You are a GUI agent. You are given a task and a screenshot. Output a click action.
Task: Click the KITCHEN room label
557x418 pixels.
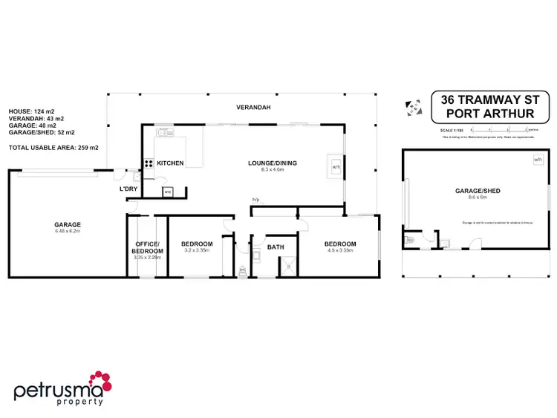pyautogui.click(x=170, y=163)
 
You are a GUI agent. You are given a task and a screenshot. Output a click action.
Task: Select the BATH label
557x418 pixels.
pyautogui.click(x=276, y=246)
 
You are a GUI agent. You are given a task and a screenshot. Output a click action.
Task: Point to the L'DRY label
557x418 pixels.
pyautogui.click(x=128, y=189)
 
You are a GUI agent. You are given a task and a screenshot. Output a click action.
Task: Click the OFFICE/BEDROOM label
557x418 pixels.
pyautogui.click(x=147, y=247)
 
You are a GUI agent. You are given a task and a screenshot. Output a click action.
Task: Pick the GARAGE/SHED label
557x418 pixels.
pyautogui.click(x=478, y=191)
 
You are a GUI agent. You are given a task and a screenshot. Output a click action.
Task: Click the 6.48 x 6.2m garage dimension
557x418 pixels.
pyautogui.click(x=67, y=231)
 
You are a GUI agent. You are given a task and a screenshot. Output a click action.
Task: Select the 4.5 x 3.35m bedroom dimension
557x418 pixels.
pyautogui.click(x=339, y=250)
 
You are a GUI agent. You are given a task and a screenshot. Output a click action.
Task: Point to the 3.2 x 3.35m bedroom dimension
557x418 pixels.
pyautogui.click(x=198, y=250)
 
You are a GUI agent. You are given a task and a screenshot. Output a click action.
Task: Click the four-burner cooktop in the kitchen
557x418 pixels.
pyautogui.click(x=149, y=165)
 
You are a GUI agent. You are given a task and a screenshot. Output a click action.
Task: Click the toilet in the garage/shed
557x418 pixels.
pyautogui.click(x=411, y=240)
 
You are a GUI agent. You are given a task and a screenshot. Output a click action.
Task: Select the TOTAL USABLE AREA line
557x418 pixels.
pyautogui.click(x=53, y=148)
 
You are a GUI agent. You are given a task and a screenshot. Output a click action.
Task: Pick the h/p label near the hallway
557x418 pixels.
pyautogui.click(x=255, y=200)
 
